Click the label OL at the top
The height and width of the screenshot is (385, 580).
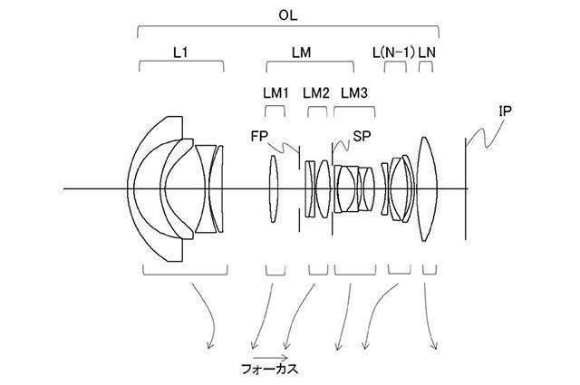click(288, 15)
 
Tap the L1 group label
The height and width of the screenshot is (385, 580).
click(180, 53)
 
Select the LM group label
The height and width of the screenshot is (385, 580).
click(301, 53)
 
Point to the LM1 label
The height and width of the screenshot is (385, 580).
click(275, 93)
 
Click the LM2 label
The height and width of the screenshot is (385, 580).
click(316, 93)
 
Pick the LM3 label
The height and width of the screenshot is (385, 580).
click(354, 93)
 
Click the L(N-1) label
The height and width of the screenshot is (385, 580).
click(393, 53)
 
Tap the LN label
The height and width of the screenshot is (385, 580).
click(427, 53)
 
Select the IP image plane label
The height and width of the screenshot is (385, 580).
click(506, 111)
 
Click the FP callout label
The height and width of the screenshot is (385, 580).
click(259, 136)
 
